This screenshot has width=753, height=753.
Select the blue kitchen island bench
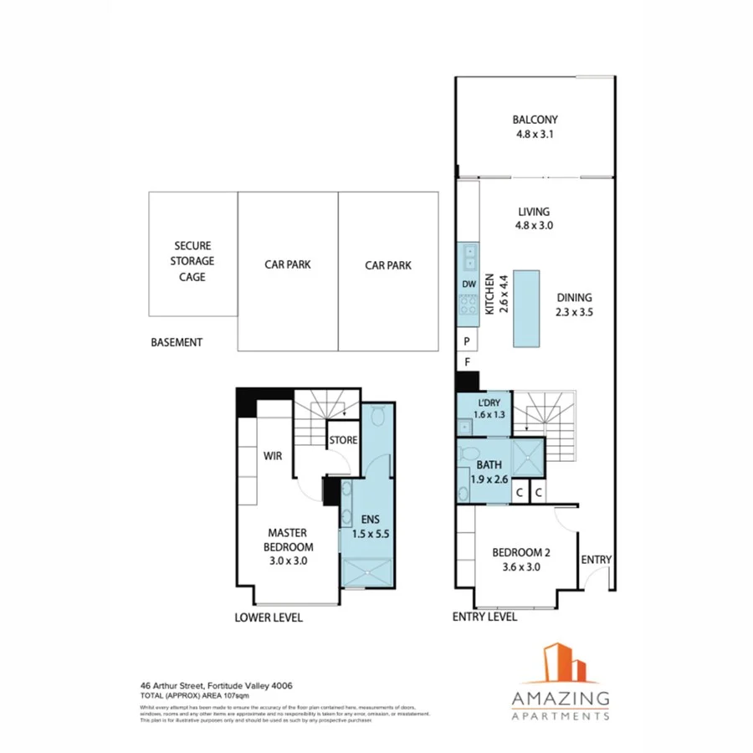[x=527, y=308]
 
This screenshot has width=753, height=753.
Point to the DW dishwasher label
[x=469, y=284]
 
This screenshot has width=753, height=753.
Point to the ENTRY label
[x=597, y=560]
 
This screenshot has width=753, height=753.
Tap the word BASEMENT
[x=177, y=343]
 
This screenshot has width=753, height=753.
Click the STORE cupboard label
[x=343, y=440]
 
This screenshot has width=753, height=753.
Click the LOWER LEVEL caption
[x=268, y=617]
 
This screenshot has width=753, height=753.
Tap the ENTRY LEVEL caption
[x=484, y=617]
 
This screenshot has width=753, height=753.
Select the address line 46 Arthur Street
[x=216, y=685]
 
